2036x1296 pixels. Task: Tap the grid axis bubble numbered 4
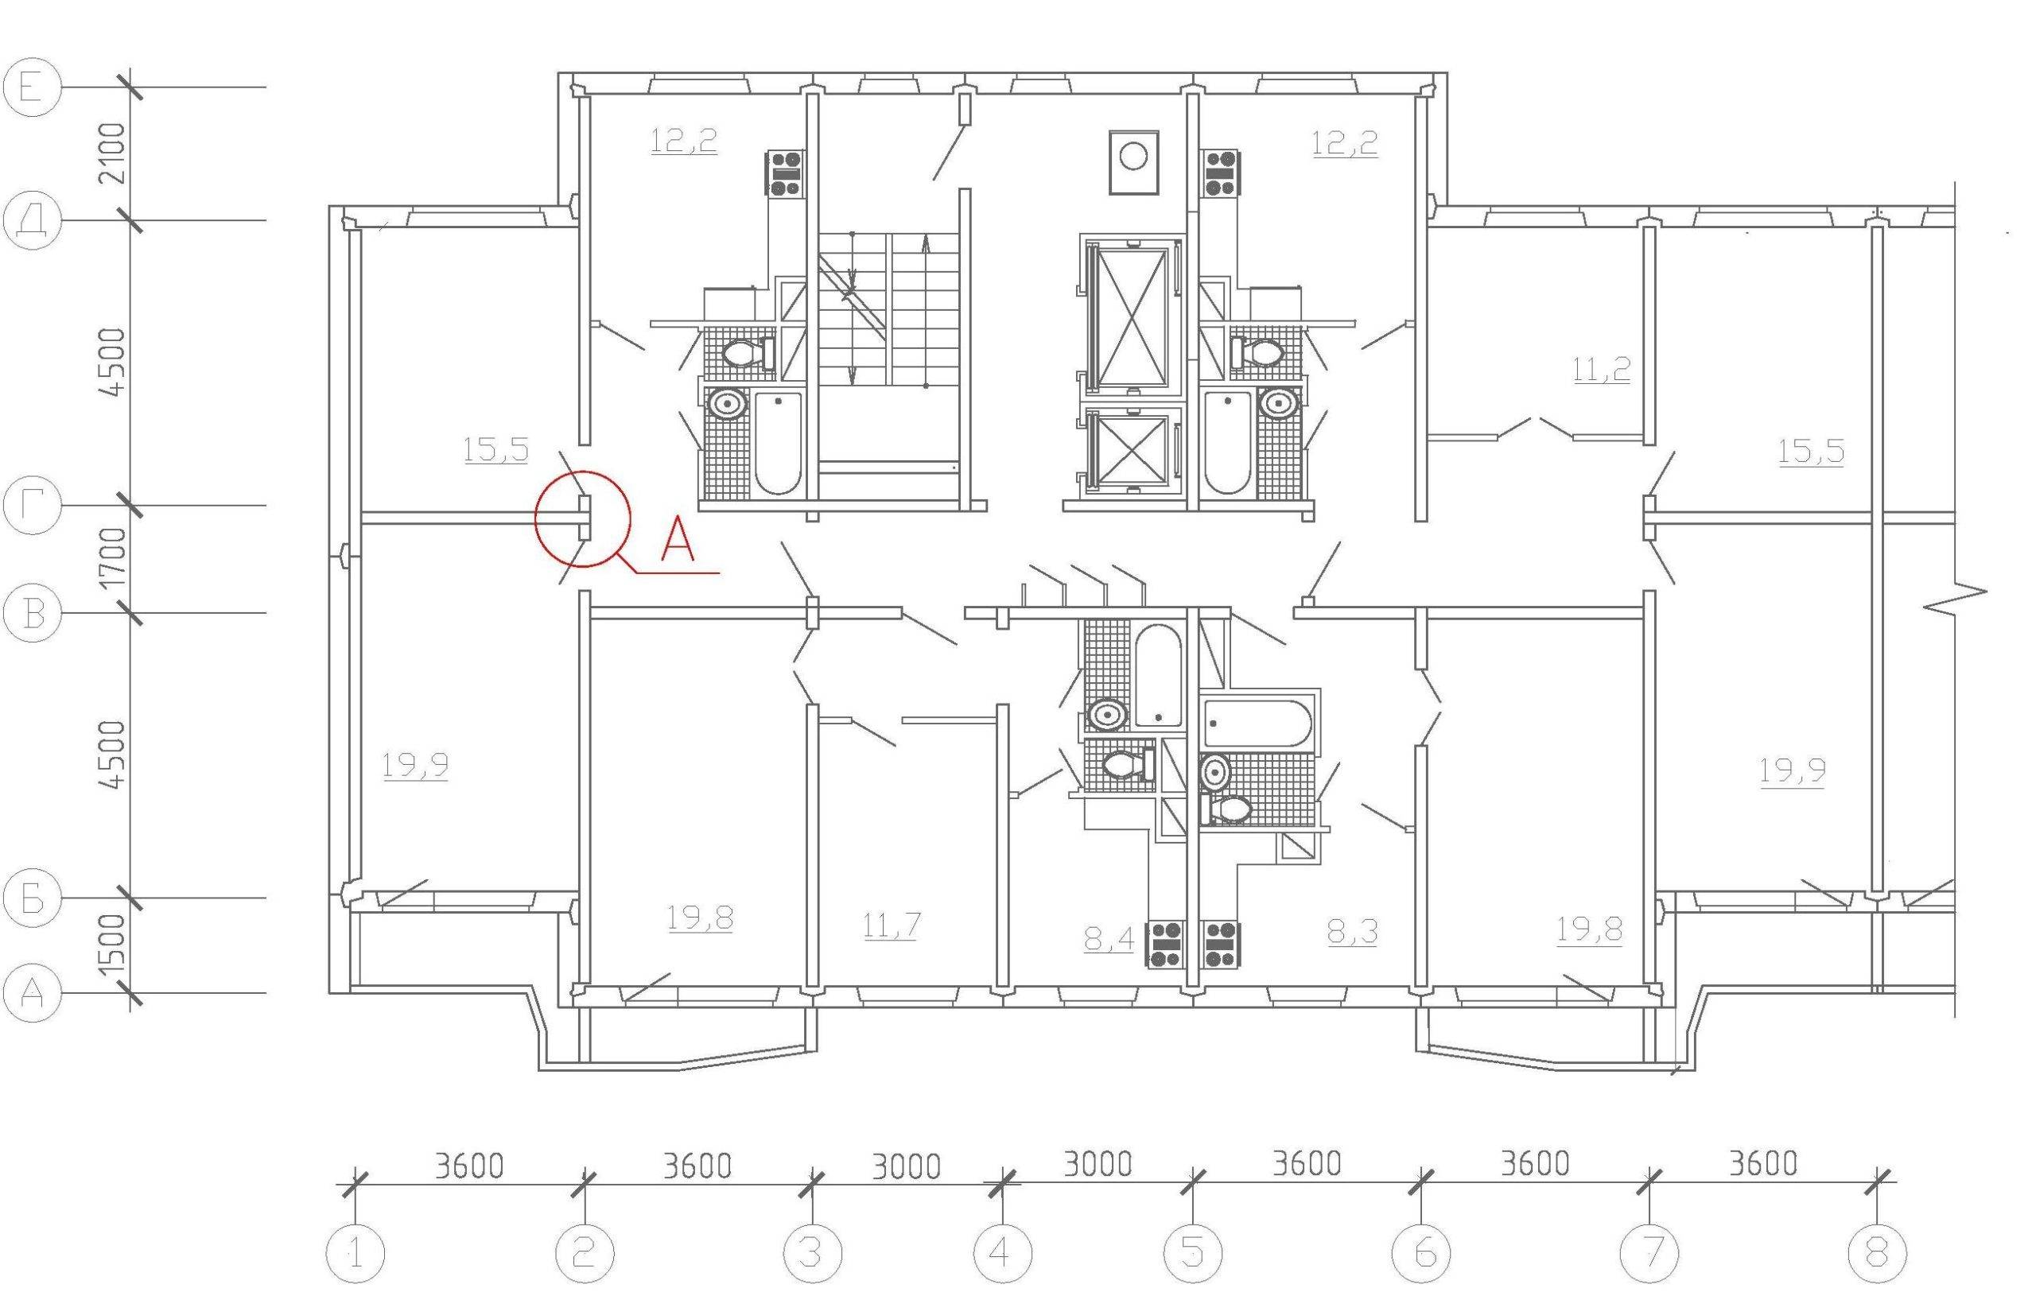pos(1002,1253)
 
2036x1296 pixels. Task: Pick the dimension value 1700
pos(111,559)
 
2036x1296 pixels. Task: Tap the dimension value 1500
pos(111,945)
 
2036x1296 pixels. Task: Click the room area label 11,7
pos(892,926)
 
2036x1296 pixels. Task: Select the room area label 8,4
pos(1109,937)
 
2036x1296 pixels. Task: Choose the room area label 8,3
pos(1353,932)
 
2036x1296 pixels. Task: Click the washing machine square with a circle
pos(1133,163)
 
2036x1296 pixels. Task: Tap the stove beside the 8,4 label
pos(1165,945)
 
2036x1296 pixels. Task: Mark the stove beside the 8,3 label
pos(1222,945)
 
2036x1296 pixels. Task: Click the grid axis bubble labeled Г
pos(32,506)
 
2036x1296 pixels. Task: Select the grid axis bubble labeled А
pos(32,992)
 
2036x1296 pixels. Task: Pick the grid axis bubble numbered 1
pos(356,1253)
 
